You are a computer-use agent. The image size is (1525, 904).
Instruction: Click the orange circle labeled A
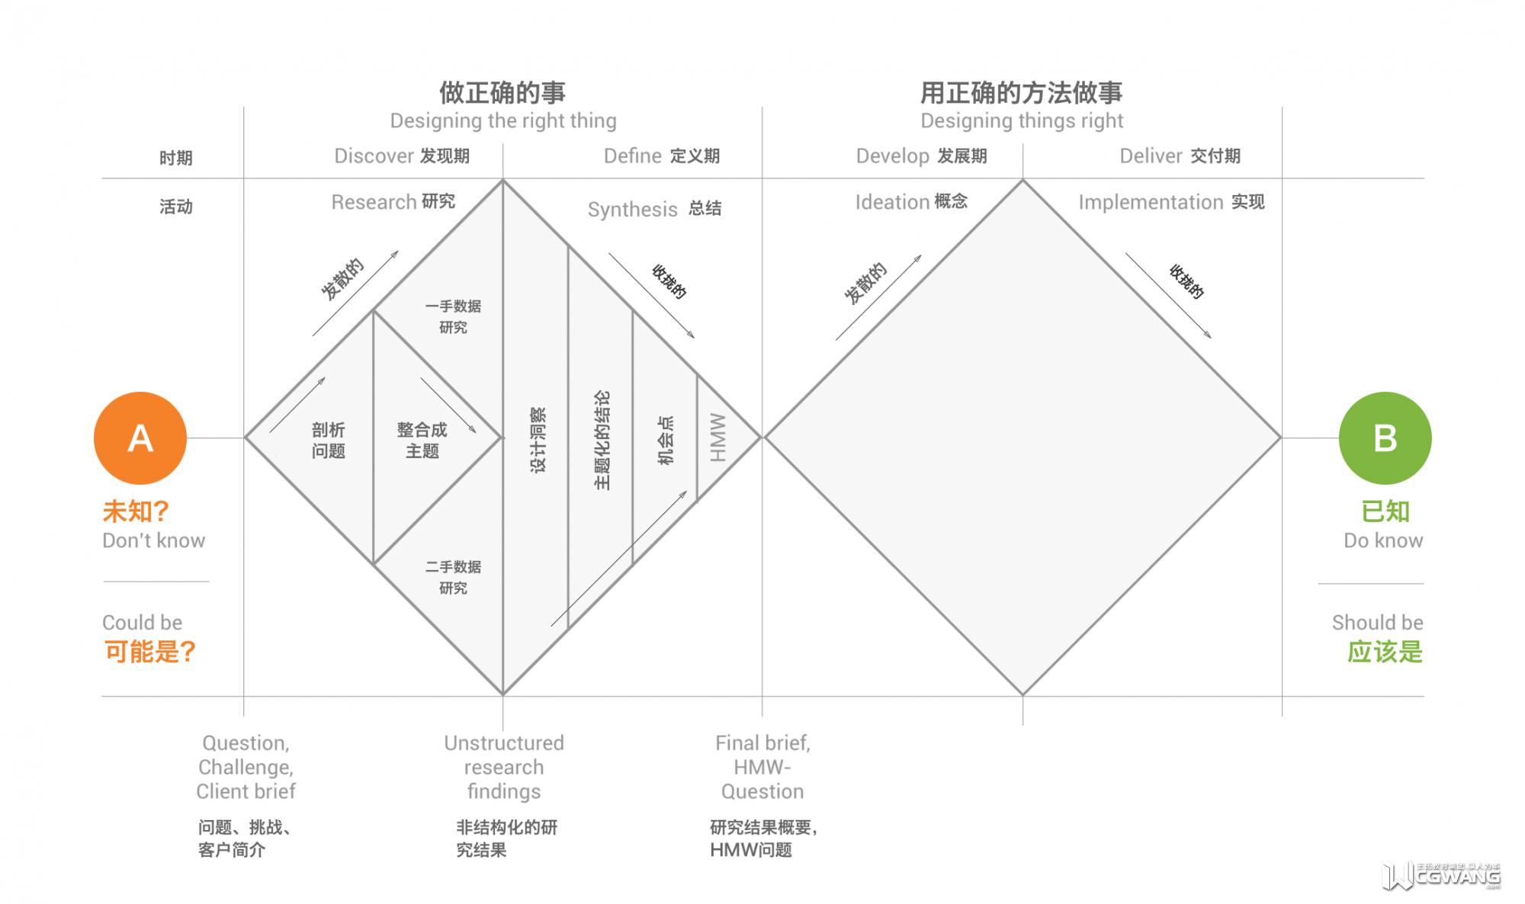point(140,438)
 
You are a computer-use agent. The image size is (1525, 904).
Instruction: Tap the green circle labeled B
point(1385,438)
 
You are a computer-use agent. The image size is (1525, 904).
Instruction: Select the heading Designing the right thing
point(503,120)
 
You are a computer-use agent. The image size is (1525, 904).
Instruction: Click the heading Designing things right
point(1022,120)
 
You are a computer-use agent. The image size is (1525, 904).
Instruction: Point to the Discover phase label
point(374,156)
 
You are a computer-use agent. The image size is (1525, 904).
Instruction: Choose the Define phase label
point(633,156)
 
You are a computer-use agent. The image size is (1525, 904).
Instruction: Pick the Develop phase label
point(892,156)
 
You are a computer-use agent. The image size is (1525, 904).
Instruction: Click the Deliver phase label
point(1151,156)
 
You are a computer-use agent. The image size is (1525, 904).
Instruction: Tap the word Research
point(374,202)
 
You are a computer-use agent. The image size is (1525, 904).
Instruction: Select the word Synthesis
point(632,210)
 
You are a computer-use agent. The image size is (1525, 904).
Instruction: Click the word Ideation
point(892,202)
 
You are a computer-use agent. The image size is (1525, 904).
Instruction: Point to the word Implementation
point(1151,202)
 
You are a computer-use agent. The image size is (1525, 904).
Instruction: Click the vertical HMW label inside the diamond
point(718,438)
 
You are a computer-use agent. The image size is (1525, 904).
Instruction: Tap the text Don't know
point(154,540)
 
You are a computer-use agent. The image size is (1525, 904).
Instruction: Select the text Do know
point(1383,540)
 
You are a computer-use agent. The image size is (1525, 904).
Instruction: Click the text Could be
point(143,623)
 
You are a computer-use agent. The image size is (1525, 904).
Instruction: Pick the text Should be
point(1377,623)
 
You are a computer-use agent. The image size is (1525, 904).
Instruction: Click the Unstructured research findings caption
point(504,767)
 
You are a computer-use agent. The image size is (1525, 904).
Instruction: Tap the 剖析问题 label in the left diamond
point(329,441)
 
